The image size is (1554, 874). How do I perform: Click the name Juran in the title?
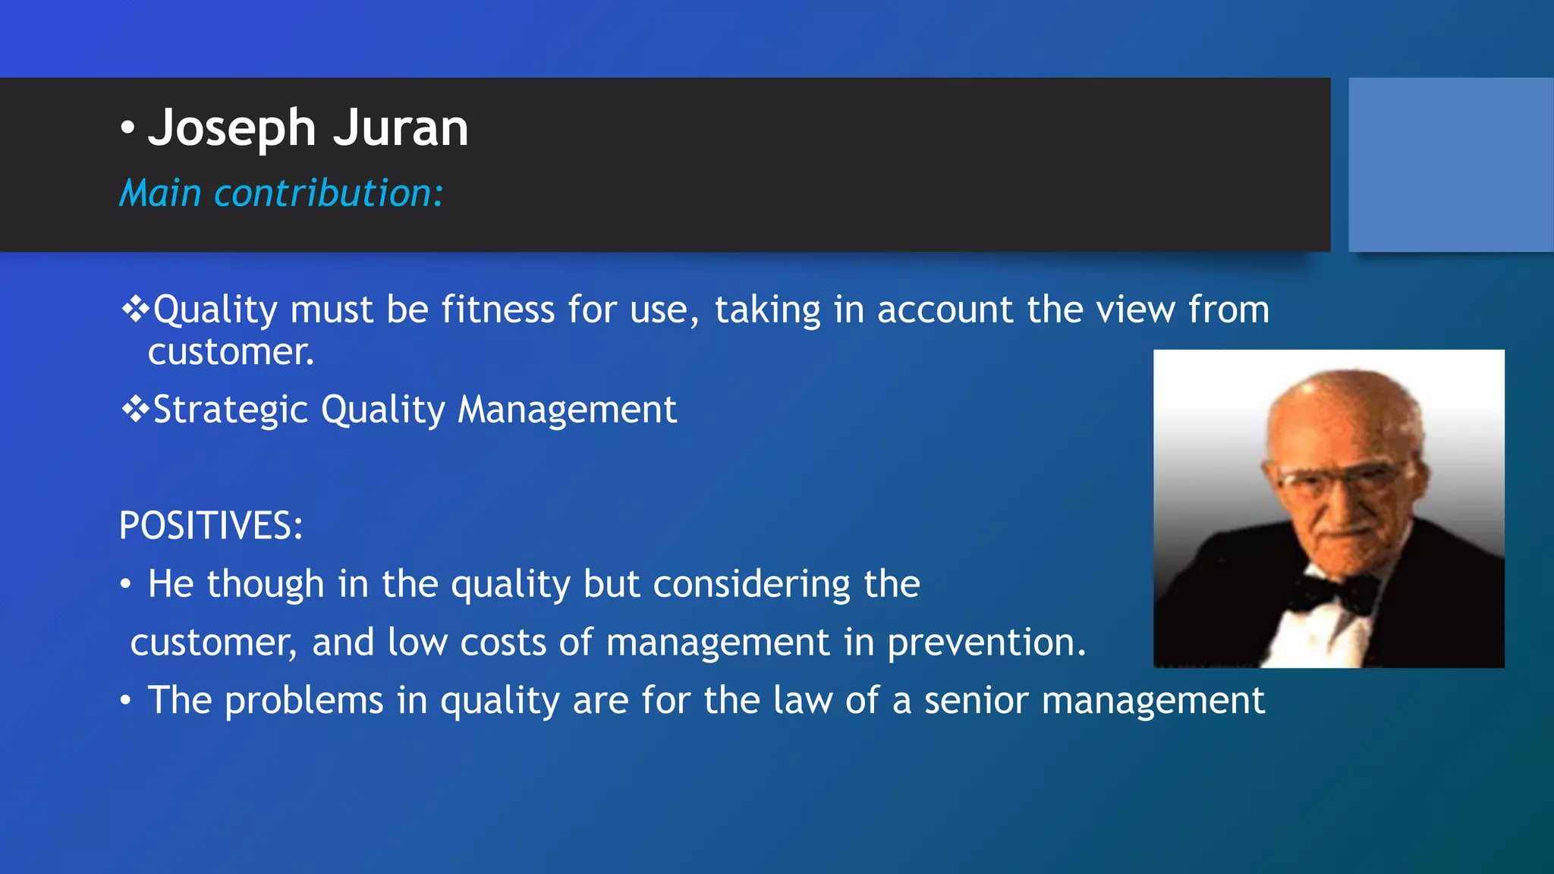pyautogui.click(x=401, y=127)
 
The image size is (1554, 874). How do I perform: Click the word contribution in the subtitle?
pyautogui.click(x=328, y=193)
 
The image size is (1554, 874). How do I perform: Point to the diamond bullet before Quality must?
pyautogui.click(x=135, y=310)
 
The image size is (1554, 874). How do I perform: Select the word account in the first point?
pyautogui.click(x=945, y=310)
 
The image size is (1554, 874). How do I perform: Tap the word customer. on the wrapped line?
pyautogui.click(x=231, y=352)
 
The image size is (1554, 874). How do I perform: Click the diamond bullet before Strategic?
pyautogui.click(x=135, y=410)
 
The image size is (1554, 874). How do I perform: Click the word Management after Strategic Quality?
pyautogui.click(x=567, y=410)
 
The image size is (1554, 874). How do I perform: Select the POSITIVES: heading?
pyautogui.click(x=211, y=526)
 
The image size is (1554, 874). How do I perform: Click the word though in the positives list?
pyautogui.click(x=266, y=583)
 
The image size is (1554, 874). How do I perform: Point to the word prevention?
pyautogui.click(x=986, y=643)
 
